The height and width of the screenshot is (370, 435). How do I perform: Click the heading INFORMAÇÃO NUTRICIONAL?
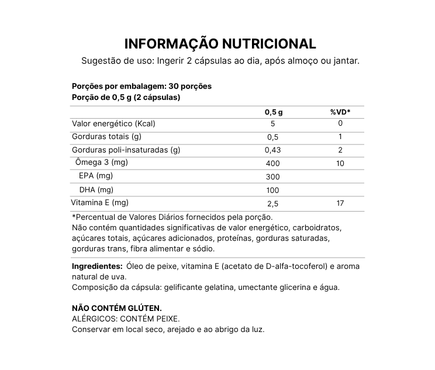pyautogui.click(x=220, y=44)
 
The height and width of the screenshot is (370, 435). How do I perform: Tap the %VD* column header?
pyautogui.click(x=340, y=112)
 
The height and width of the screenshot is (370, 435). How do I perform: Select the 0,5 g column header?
pyautogui.click(x=273, y=112)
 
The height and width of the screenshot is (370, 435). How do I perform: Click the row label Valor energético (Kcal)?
pyautogui.click(x=113, y=124)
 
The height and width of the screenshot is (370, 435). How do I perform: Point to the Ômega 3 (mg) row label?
pyautogui.click(x=102, y=162)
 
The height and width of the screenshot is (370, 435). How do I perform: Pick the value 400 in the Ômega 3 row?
pyautogui.click(x=273, y=163)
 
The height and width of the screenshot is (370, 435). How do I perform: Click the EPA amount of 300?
pyautogui.click(x=273, y=177)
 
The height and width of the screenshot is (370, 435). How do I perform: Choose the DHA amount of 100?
pyautogui.click(x=273, y=191)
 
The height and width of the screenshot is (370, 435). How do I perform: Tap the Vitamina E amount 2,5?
pyautogui.click(x=273, y=204)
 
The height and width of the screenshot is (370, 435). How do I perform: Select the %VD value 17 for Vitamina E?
pyautogui.click(x=340, y=203)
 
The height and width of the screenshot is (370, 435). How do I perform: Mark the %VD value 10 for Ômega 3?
pyautogui.click(x=340, y=162)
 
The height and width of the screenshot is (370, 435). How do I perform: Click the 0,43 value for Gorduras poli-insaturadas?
pyautogui.click(x=273, y=150)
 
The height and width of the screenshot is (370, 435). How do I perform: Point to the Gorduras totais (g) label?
pyautogui.click(x=106, y=137)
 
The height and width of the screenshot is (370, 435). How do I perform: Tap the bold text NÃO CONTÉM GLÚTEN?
pyautogui.click(x=116, y=308)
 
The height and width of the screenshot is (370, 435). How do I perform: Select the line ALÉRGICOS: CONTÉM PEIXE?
pyautogui.click(x=125, y=319)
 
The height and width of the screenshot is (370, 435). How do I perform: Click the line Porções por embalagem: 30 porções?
pyautogui.click(x=141, y=86)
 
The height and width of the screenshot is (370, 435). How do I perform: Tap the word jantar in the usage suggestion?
pyautogui.click(x=347, y=61)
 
